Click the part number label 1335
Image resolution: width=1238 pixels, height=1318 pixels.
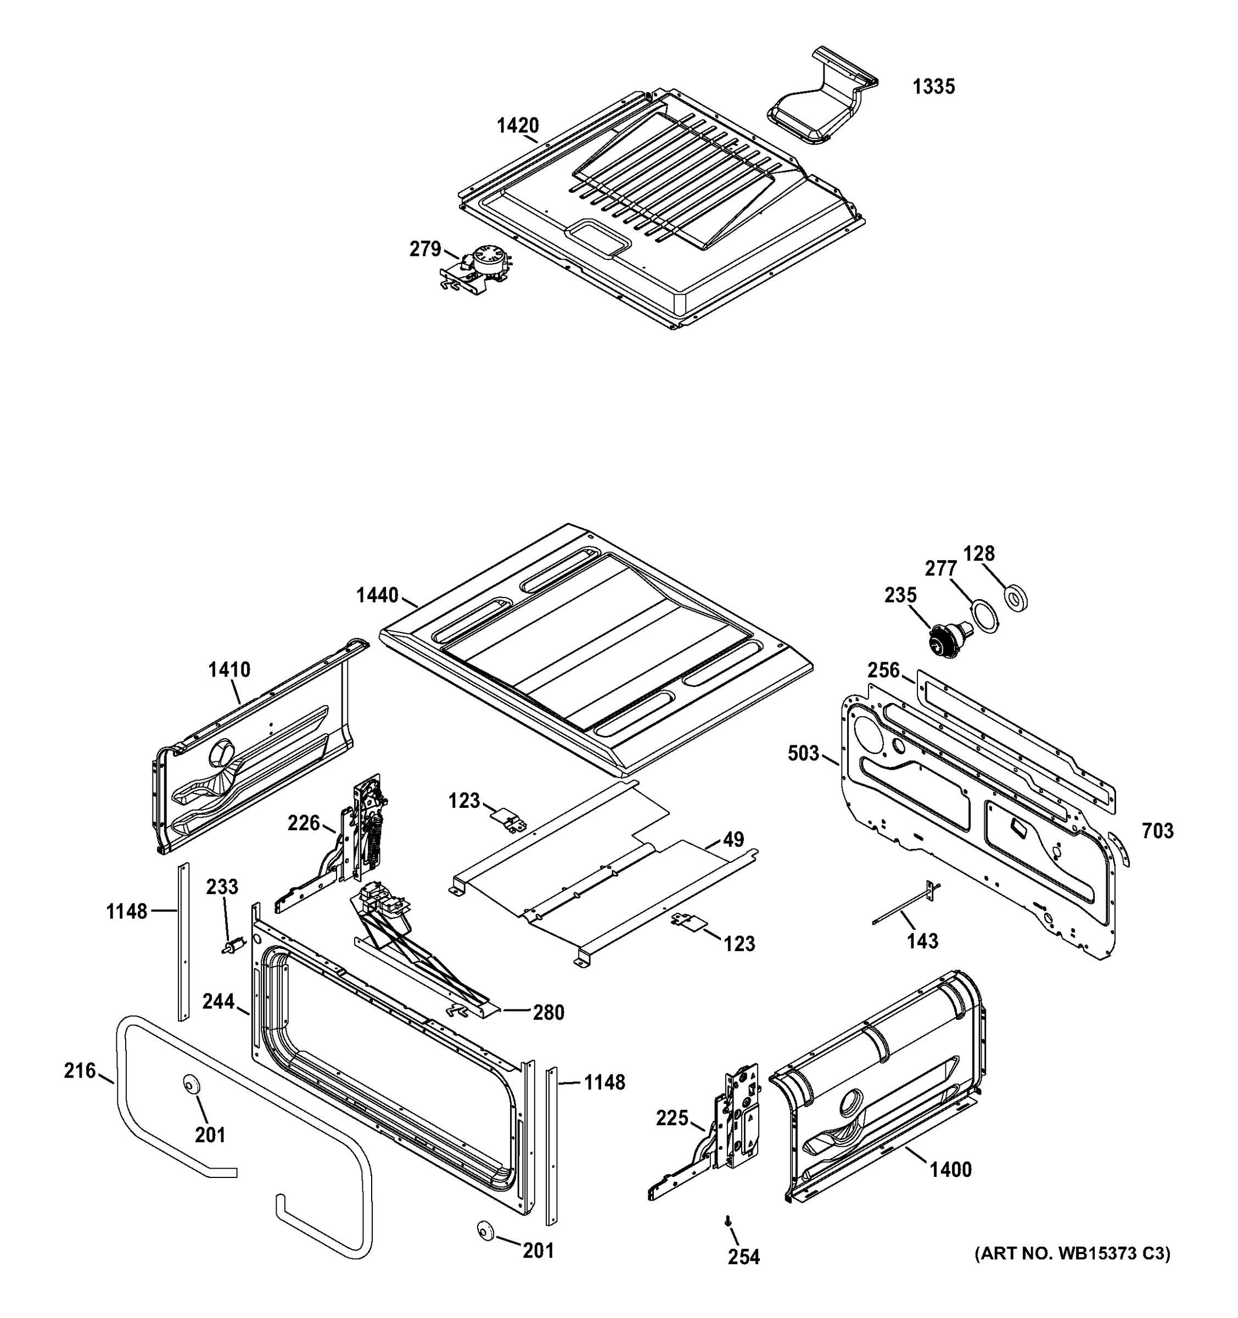coord(933,87)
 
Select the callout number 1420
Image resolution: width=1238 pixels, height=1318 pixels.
coord(518,125)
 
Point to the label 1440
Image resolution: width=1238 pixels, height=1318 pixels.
coord(377,595)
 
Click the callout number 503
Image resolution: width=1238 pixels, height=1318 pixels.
coord(803,754)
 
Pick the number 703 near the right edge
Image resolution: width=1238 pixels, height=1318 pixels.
coord(1157,831)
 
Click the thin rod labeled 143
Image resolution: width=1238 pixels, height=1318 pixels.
coord(905,909)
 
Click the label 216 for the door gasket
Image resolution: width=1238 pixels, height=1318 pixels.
coord(80,1071)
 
